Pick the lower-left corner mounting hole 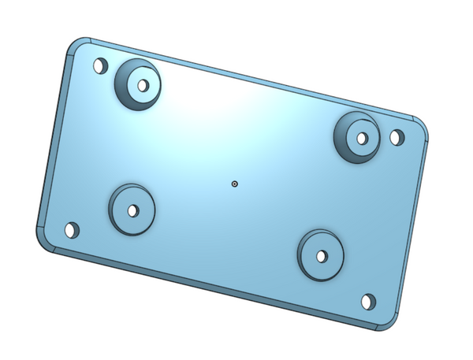tap(71, 231)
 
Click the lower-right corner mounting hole tap(368, 302)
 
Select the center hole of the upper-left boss tap(143, 84)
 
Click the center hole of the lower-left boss tap(132, 211)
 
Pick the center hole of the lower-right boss tap(322, 256)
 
